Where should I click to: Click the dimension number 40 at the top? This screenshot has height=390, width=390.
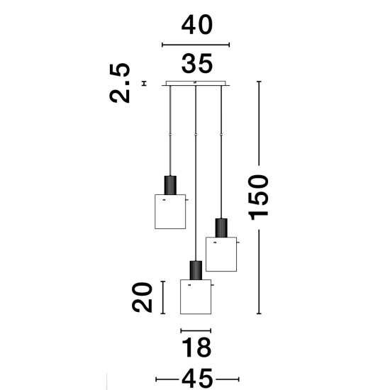[197, 25]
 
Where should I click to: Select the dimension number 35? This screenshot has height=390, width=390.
[197, 64]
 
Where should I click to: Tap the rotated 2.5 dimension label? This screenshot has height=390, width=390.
[120, 83]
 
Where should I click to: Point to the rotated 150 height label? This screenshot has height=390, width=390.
[259, 198]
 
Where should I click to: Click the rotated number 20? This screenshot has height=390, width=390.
[142, 297]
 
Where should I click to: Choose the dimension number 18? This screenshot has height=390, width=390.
[196, 347]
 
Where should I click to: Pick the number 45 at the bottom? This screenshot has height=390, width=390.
[197, 379]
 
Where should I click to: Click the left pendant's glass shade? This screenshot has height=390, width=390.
[170, 212]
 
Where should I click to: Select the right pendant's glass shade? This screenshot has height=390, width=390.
[221, 254]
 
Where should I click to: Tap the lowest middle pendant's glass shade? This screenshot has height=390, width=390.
[196, 296]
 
